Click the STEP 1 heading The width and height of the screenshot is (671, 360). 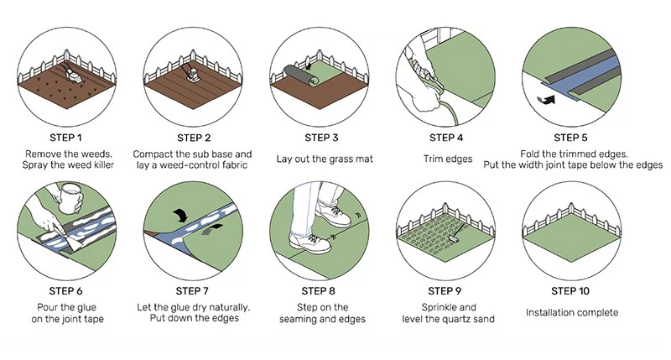click(68, 138)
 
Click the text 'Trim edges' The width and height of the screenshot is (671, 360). click(445, 157)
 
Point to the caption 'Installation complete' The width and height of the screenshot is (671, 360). click(571, 312)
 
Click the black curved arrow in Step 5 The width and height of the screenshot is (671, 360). click(547, 101)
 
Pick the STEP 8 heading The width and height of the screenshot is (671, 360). click(320, 291)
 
